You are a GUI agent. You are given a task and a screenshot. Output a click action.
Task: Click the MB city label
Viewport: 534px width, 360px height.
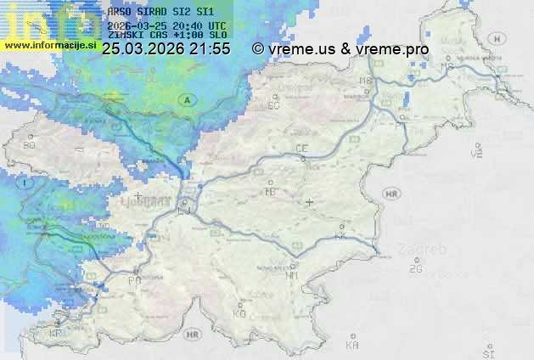[367, 82]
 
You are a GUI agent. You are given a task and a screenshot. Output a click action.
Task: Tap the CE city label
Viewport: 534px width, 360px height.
[301, 149]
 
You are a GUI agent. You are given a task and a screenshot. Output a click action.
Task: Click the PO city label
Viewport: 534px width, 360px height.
[134, 280]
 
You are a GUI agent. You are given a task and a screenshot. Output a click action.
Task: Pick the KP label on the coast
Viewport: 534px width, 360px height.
[56, 334]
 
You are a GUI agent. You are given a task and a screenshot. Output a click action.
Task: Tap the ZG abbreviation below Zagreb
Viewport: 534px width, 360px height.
[415, 269]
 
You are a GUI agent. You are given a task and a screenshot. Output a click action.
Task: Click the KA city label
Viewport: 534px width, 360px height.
[352, 346]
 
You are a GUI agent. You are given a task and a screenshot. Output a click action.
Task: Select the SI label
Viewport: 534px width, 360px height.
[487, 352]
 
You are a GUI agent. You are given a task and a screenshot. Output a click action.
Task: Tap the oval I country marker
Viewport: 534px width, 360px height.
[26, 183]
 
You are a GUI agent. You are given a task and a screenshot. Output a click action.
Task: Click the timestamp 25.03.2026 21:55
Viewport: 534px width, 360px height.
[166, 49]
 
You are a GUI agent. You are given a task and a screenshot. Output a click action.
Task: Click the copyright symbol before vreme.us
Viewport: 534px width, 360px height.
[258, 49]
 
